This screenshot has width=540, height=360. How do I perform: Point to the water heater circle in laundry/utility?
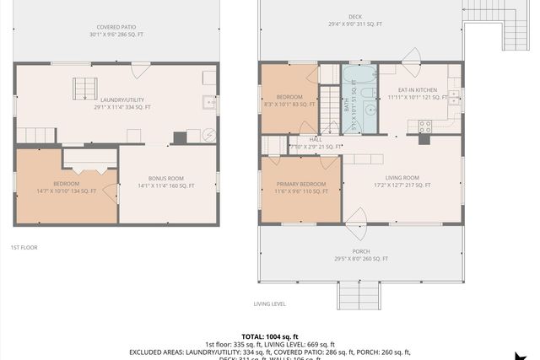pyautogui.click(x=209, y=135)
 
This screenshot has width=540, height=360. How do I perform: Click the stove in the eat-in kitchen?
pyautogui.click(x=425, y=127)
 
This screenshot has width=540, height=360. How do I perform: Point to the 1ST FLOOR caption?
pyautogui.click(x=24, y=247)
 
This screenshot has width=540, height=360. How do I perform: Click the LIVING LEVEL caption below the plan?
pyautogui.click(x=270, y=304)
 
